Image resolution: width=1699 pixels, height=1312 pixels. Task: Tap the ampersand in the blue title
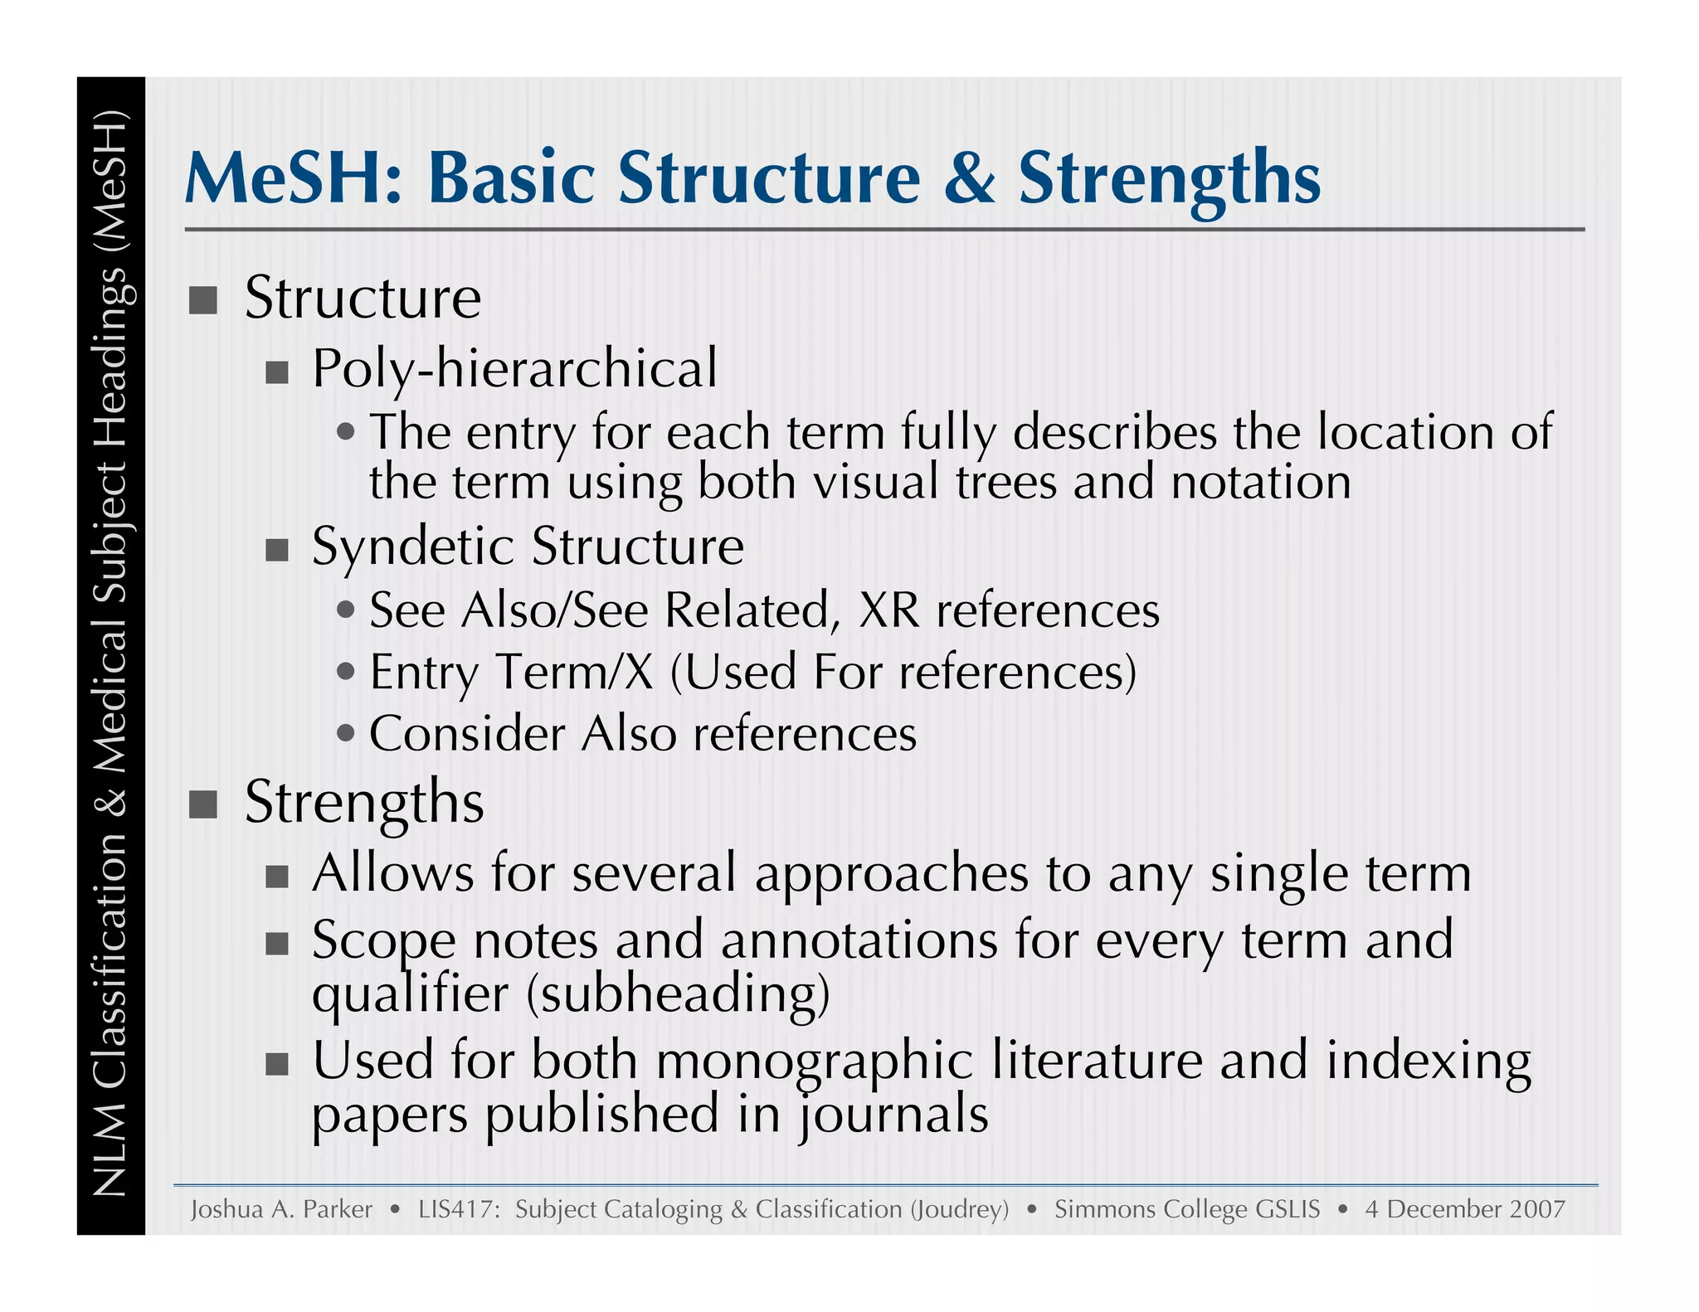pos(969,178)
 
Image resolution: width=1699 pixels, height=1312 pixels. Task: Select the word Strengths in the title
pos(1169,178)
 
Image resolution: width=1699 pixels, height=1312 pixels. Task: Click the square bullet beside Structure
pos(203,300)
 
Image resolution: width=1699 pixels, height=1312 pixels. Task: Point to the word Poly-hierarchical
pos(514,368)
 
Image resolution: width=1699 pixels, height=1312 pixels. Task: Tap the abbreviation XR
pos(889,611)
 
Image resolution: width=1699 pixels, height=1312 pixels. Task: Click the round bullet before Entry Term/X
pos(347,671)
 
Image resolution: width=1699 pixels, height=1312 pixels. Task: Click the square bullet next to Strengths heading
pos(203,804)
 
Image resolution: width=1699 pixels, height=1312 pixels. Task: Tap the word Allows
pos(392,873)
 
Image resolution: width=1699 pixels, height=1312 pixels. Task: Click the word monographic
pos(814,1061)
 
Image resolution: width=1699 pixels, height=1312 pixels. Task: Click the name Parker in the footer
pos(338,1209)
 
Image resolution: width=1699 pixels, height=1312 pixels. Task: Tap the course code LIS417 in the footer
pos(456,1209)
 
